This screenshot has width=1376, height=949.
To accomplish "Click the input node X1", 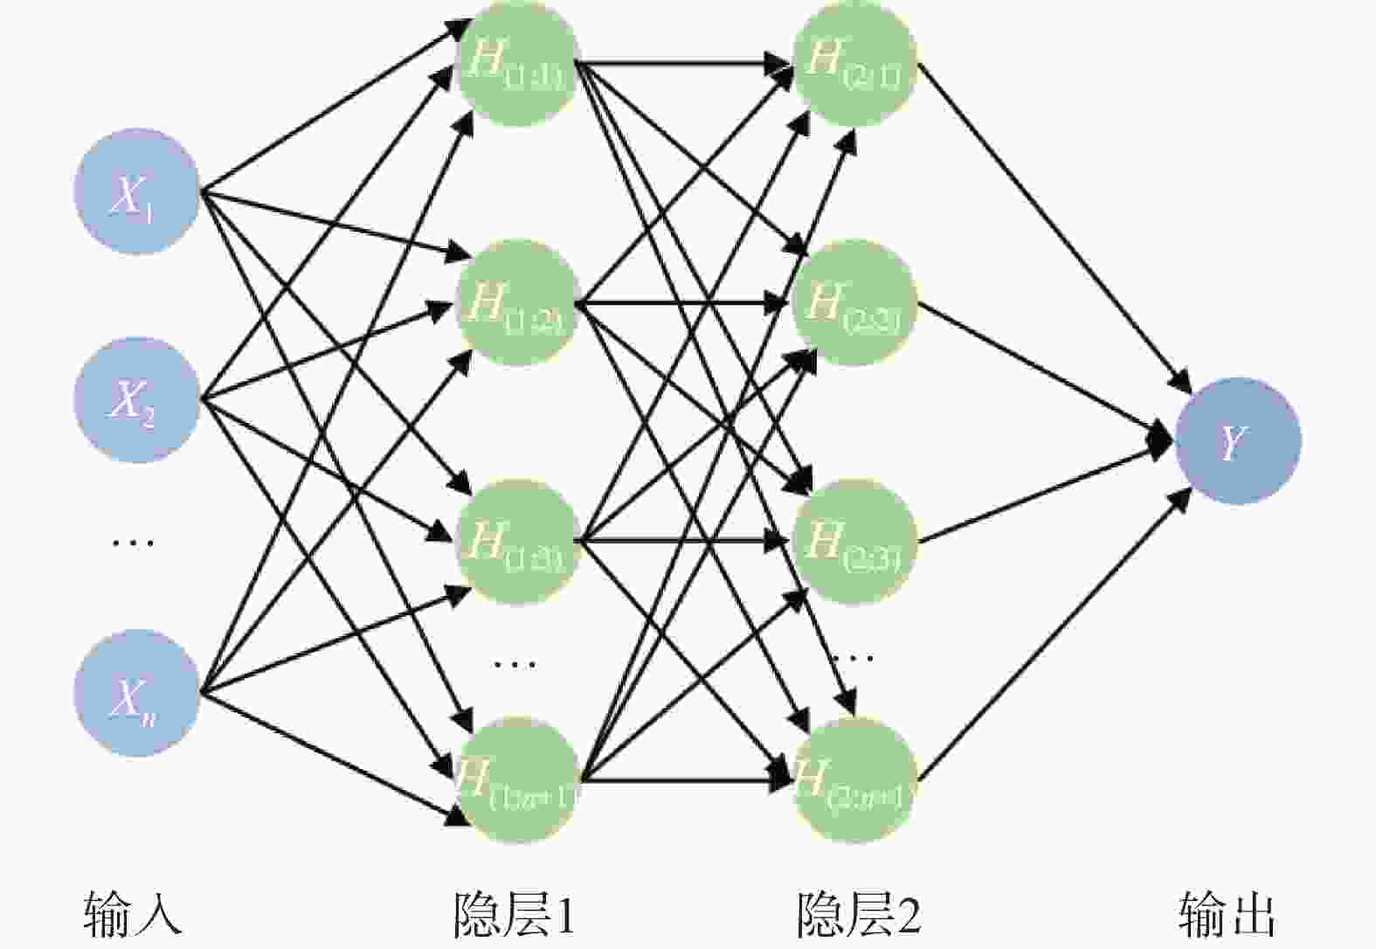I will tap(136, 192).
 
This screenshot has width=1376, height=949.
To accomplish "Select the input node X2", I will tap(136, 400).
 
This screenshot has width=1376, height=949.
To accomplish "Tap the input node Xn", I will tap(136, 693).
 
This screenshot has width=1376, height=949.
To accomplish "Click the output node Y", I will tap(1237, 440).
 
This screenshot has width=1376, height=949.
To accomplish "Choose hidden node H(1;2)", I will tap(517, 302).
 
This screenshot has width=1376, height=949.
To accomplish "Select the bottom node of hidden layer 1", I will tap(517, 779).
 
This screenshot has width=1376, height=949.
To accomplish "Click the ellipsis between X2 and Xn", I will tap(133, 543).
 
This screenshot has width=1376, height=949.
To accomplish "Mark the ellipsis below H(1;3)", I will tap(515, 664).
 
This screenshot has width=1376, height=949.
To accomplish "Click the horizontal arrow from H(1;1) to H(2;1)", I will tap(681, 63).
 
